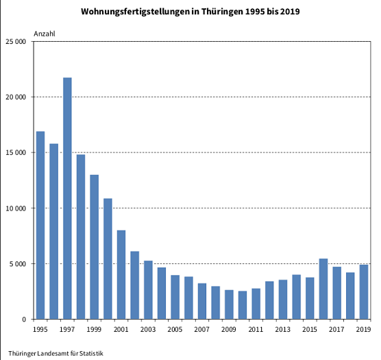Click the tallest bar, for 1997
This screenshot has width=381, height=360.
pyautogui.click(x=67, y=198)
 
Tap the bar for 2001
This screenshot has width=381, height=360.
pyautogui.click(x=121, y=274)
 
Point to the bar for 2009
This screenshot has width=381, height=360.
pyautogui.click(x=229, y=304)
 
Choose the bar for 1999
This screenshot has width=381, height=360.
pyautogui.click(x=95, y=247)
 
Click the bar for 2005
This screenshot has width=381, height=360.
pyautogui.click(x=175, y=297)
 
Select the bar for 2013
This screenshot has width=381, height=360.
pyautogui.click(x=283, y=299)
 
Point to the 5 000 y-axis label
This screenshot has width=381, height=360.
pyautogui.click(x=19, y=264)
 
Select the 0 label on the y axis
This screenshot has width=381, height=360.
pyautogui.click(x=25, y=320)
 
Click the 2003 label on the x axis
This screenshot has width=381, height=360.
pyautogui.click(x=148, y=330)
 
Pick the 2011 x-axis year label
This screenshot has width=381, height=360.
pyautogui.click(x=256, y=330)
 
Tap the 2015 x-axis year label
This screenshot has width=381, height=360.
pyautogui.click(x=310, y=330)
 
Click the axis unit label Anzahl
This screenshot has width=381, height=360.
pyautogui.click(x=45, y=34)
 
